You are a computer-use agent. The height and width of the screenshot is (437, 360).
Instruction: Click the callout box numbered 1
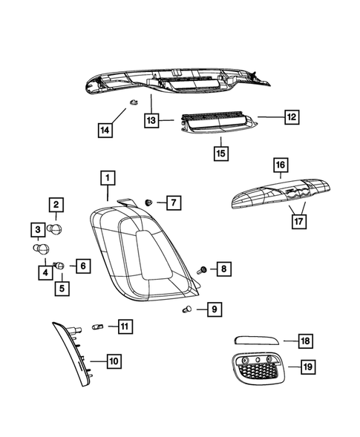tap(108, 178)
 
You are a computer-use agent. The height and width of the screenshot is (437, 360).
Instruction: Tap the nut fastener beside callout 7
tap(150, 202)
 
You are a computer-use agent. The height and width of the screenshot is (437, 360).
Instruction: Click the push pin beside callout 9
tap(187, 311)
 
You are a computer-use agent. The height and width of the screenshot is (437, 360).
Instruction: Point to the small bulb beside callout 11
tap(96, 326)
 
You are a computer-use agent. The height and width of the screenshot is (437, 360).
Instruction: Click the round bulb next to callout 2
tap(58, 227)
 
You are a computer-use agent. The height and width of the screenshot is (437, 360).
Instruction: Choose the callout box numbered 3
tap(36, 229)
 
